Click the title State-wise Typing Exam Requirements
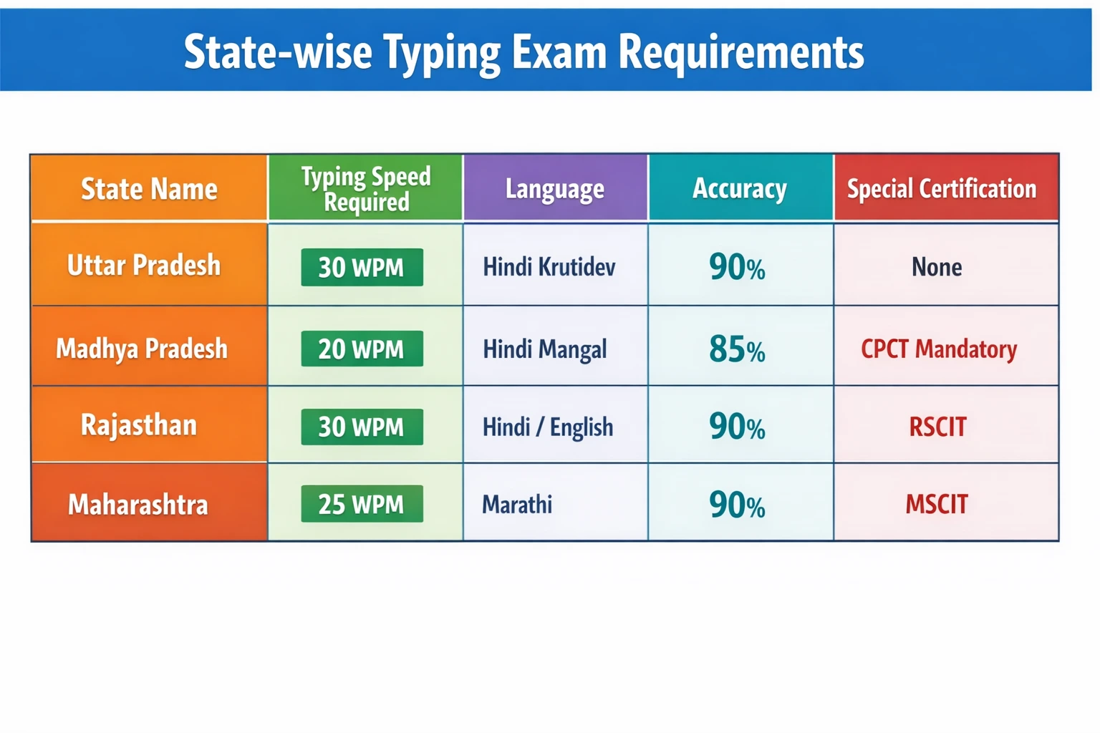click(x=524, y=52)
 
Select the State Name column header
click(x=149, y=189)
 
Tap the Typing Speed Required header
click(x=366, y=189)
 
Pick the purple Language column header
click(x=555, y=189)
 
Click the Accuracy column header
click(x=740, y=189)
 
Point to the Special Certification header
click(x=942, y=189)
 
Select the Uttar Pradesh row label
click(x=144, y=266)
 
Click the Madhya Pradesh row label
click(x=142, y=349)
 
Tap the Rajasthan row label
click(x=139, y=425)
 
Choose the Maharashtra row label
click(x=138, y=505)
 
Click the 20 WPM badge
click(x=362, y=349)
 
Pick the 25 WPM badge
click(x=362, y=504)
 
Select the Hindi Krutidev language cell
click(x=549, y=267)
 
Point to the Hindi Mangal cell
click(x=545, y=349)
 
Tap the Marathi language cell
click(x=517, y=505)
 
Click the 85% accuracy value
click(x=737, y=349)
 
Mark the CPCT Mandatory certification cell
click(x=939, y=349)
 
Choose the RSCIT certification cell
click(x=937, y=427)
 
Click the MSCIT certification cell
click(x=937, y=505)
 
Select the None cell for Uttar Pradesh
click(x=937, y=267)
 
